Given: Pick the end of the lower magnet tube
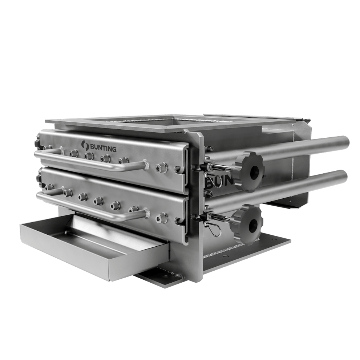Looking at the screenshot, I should [343, 177].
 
